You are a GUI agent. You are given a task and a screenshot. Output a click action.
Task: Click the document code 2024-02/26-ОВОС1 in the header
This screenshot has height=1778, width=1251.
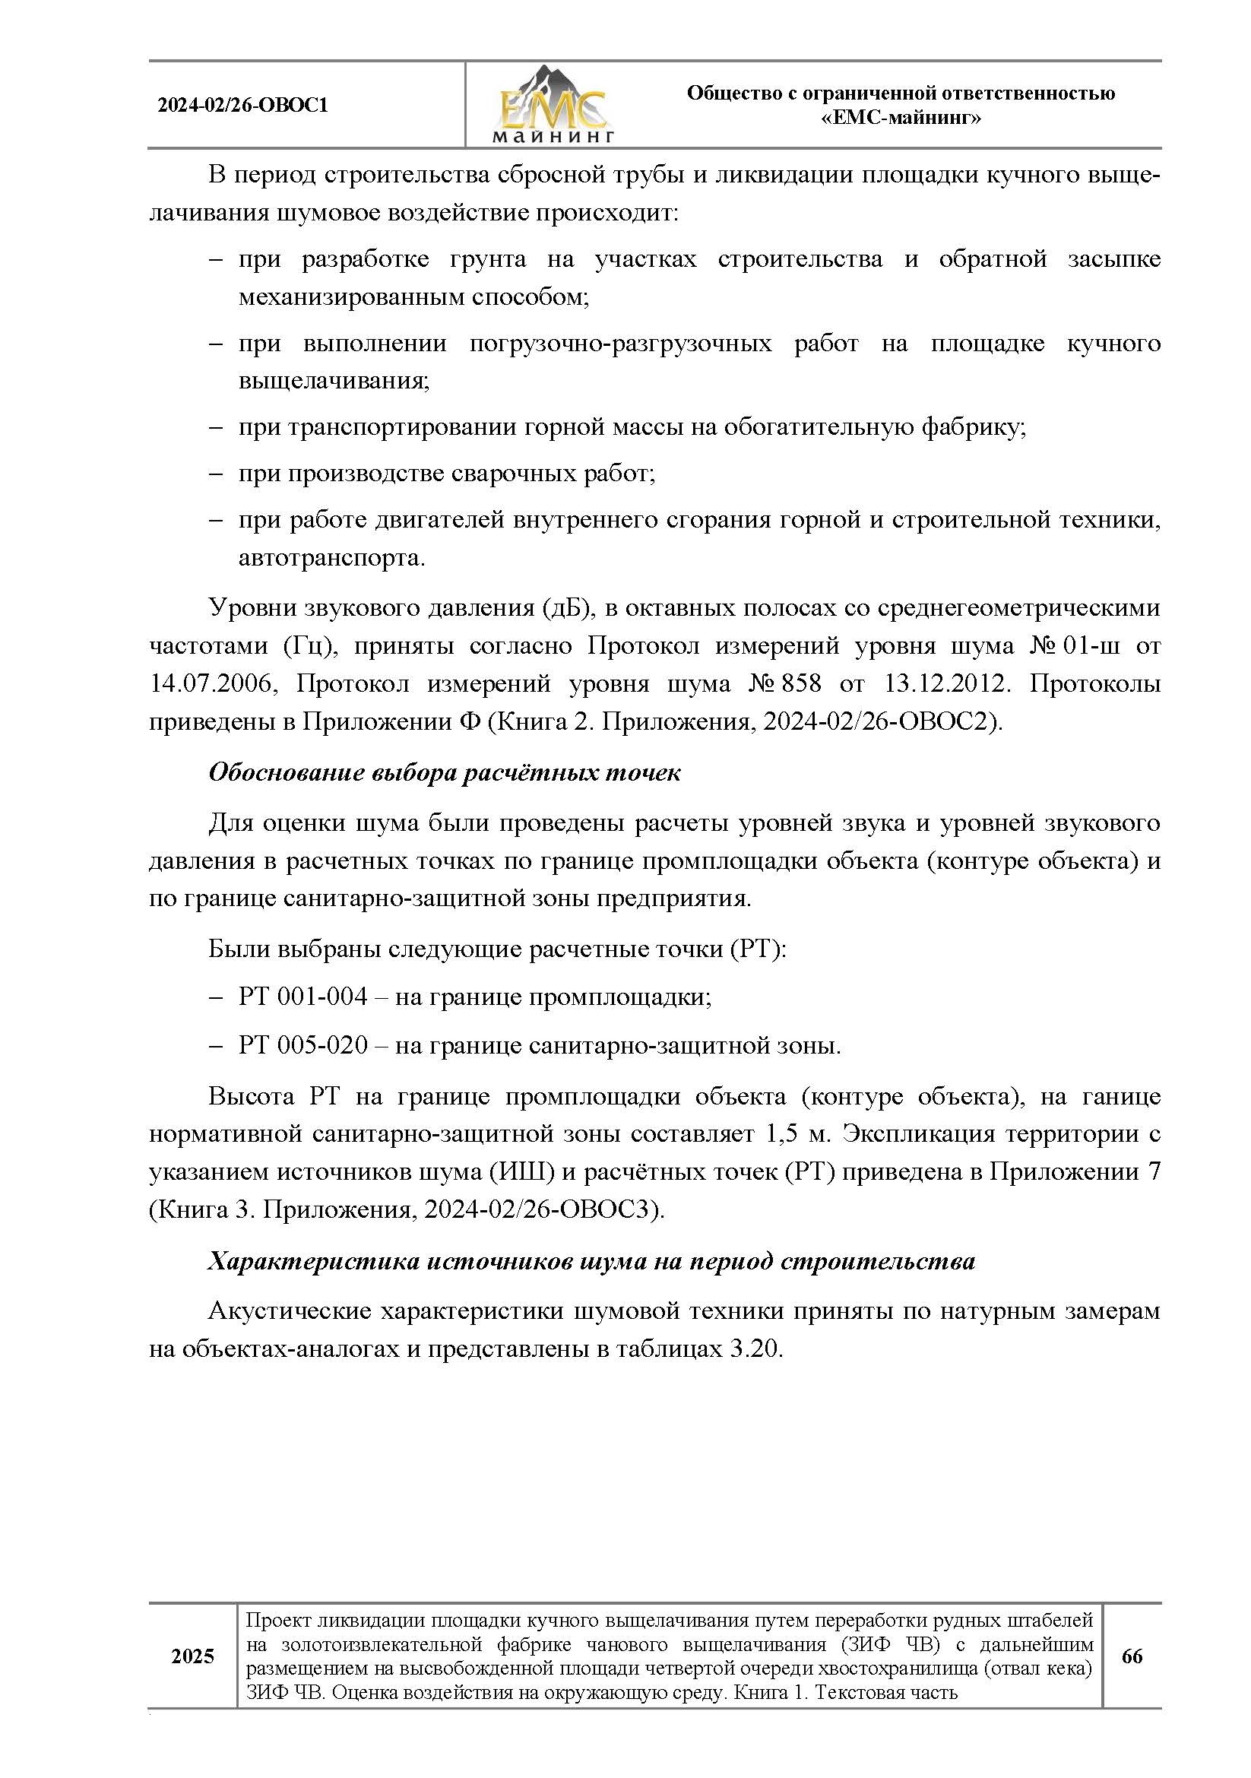click(243, 106)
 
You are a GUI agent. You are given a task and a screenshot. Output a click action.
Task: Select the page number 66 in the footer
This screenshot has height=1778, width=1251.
click(1131, 1656)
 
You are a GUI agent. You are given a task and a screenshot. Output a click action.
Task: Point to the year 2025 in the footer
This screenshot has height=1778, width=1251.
click(193, 1656)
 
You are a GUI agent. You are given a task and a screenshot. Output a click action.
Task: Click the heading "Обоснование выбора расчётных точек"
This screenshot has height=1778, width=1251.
click(445, 773)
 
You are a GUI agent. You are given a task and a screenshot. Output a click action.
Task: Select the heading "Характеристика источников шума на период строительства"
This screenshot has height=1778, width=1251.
click(591, 1262)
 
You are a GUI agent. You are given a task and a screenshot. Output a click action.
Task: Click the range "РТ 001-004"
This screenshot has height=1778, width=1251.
click(302, 997)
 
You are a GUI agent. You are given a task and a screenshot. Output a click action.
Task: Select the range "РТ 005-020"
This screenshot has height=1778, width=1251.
click(302, 1046)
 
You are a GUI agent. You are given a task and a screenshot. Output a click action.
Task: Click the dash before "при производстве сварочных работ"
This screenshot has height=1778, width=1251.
click(216, 474)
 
